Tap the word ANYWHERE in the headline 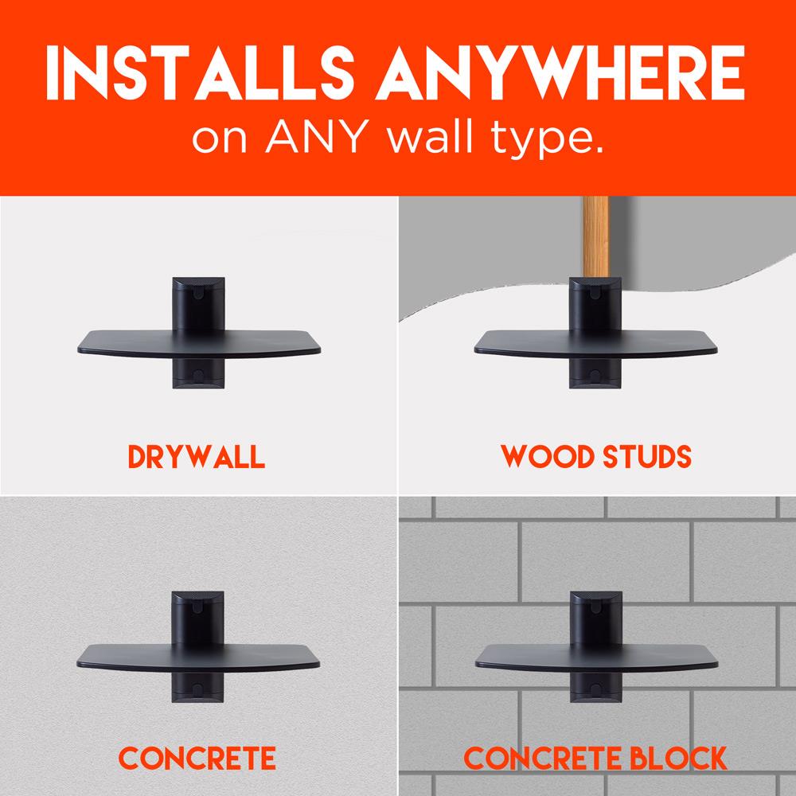tap(560, 72)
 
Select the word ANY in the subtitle tap(316, 137)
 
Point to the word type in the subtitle tap(548, 139)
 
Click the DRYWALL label tap(197, 456)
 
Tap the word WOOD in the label tap(547, 456)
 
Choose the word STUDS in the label tap(647, 456)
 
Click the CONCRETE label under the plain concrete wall tap(197, 759)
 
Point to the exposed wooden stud tap(595, 236)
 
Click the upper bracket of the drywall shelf tap(198, 304)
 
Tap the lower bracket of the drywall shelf tap(198, 373)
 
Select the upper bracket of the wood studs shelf tap(595, 304)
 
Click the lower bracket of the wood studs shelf tap(595, 373)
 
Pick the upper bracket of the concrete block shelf tap(596, 618)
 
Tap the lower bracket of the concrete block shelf tap(596, 688)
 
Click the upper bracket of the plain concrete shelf tap(198, 618)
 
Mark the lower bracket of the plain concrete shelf tap(198, 688)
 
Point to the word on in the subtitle tap(220, 141)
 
